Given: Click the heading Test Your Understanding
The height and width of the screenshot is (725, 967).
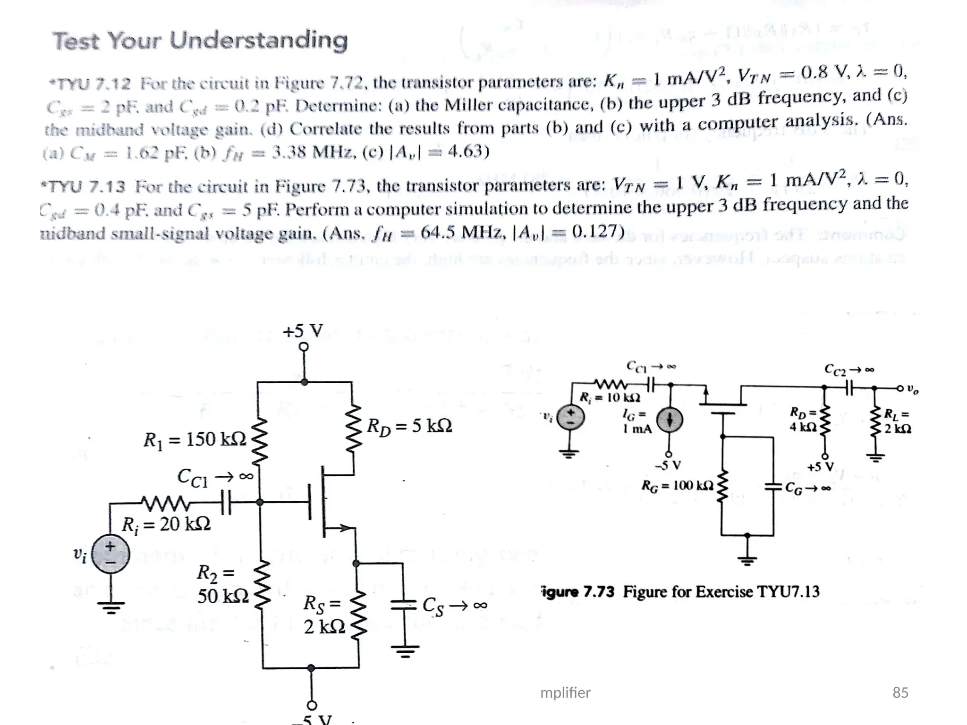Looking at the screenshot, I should click(x=200, y=40).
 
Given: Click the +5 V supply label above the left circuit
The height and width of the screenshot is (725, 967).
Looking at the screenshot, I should click(x=303, y=331).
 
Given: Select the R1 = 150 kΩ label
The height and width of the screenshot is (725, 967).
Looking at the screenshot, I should click(x=195, y=440).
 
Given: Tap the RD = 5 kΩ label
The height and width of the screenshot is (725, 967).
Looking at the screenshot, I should click(x=409, y=426).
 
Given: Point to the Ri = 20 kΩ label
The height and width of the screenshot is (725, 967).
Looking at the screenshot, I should click(x=166, y=524).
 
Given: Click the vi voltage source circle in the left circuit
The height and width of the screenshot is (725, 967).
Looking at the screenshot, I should click(x=110, y=554).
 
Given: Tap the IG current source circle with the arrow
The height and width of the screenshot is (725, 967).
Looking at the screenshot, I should click(x=669, y=419).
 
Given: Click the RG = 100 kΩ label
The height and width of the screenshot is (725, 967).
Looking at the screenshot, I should click(x=677, y=485).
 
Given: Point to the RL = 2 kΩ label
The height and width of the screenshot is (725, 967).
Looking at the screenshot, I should click(x=897, y=422).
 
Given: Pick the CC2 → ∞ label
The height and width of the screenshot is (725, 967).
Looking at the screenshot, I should click(x=849, y=369).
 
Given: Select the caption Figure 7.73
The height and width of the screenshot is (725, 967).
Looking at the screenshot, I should click(x=680, y=591).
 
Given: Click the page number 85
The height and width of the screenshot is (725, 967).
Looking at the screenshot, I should click(x=900, y=692).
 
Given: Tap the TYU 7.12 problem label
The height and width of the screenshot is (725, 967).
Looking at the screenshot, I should click(x=90, y=84).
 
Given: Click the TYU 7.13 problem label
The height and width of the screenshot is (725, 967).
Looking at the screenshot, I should click(x=84, y=187).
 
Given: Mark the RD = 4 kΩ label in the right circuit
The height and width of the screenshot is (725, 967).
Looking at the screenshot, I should click(x=803, y=420).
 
